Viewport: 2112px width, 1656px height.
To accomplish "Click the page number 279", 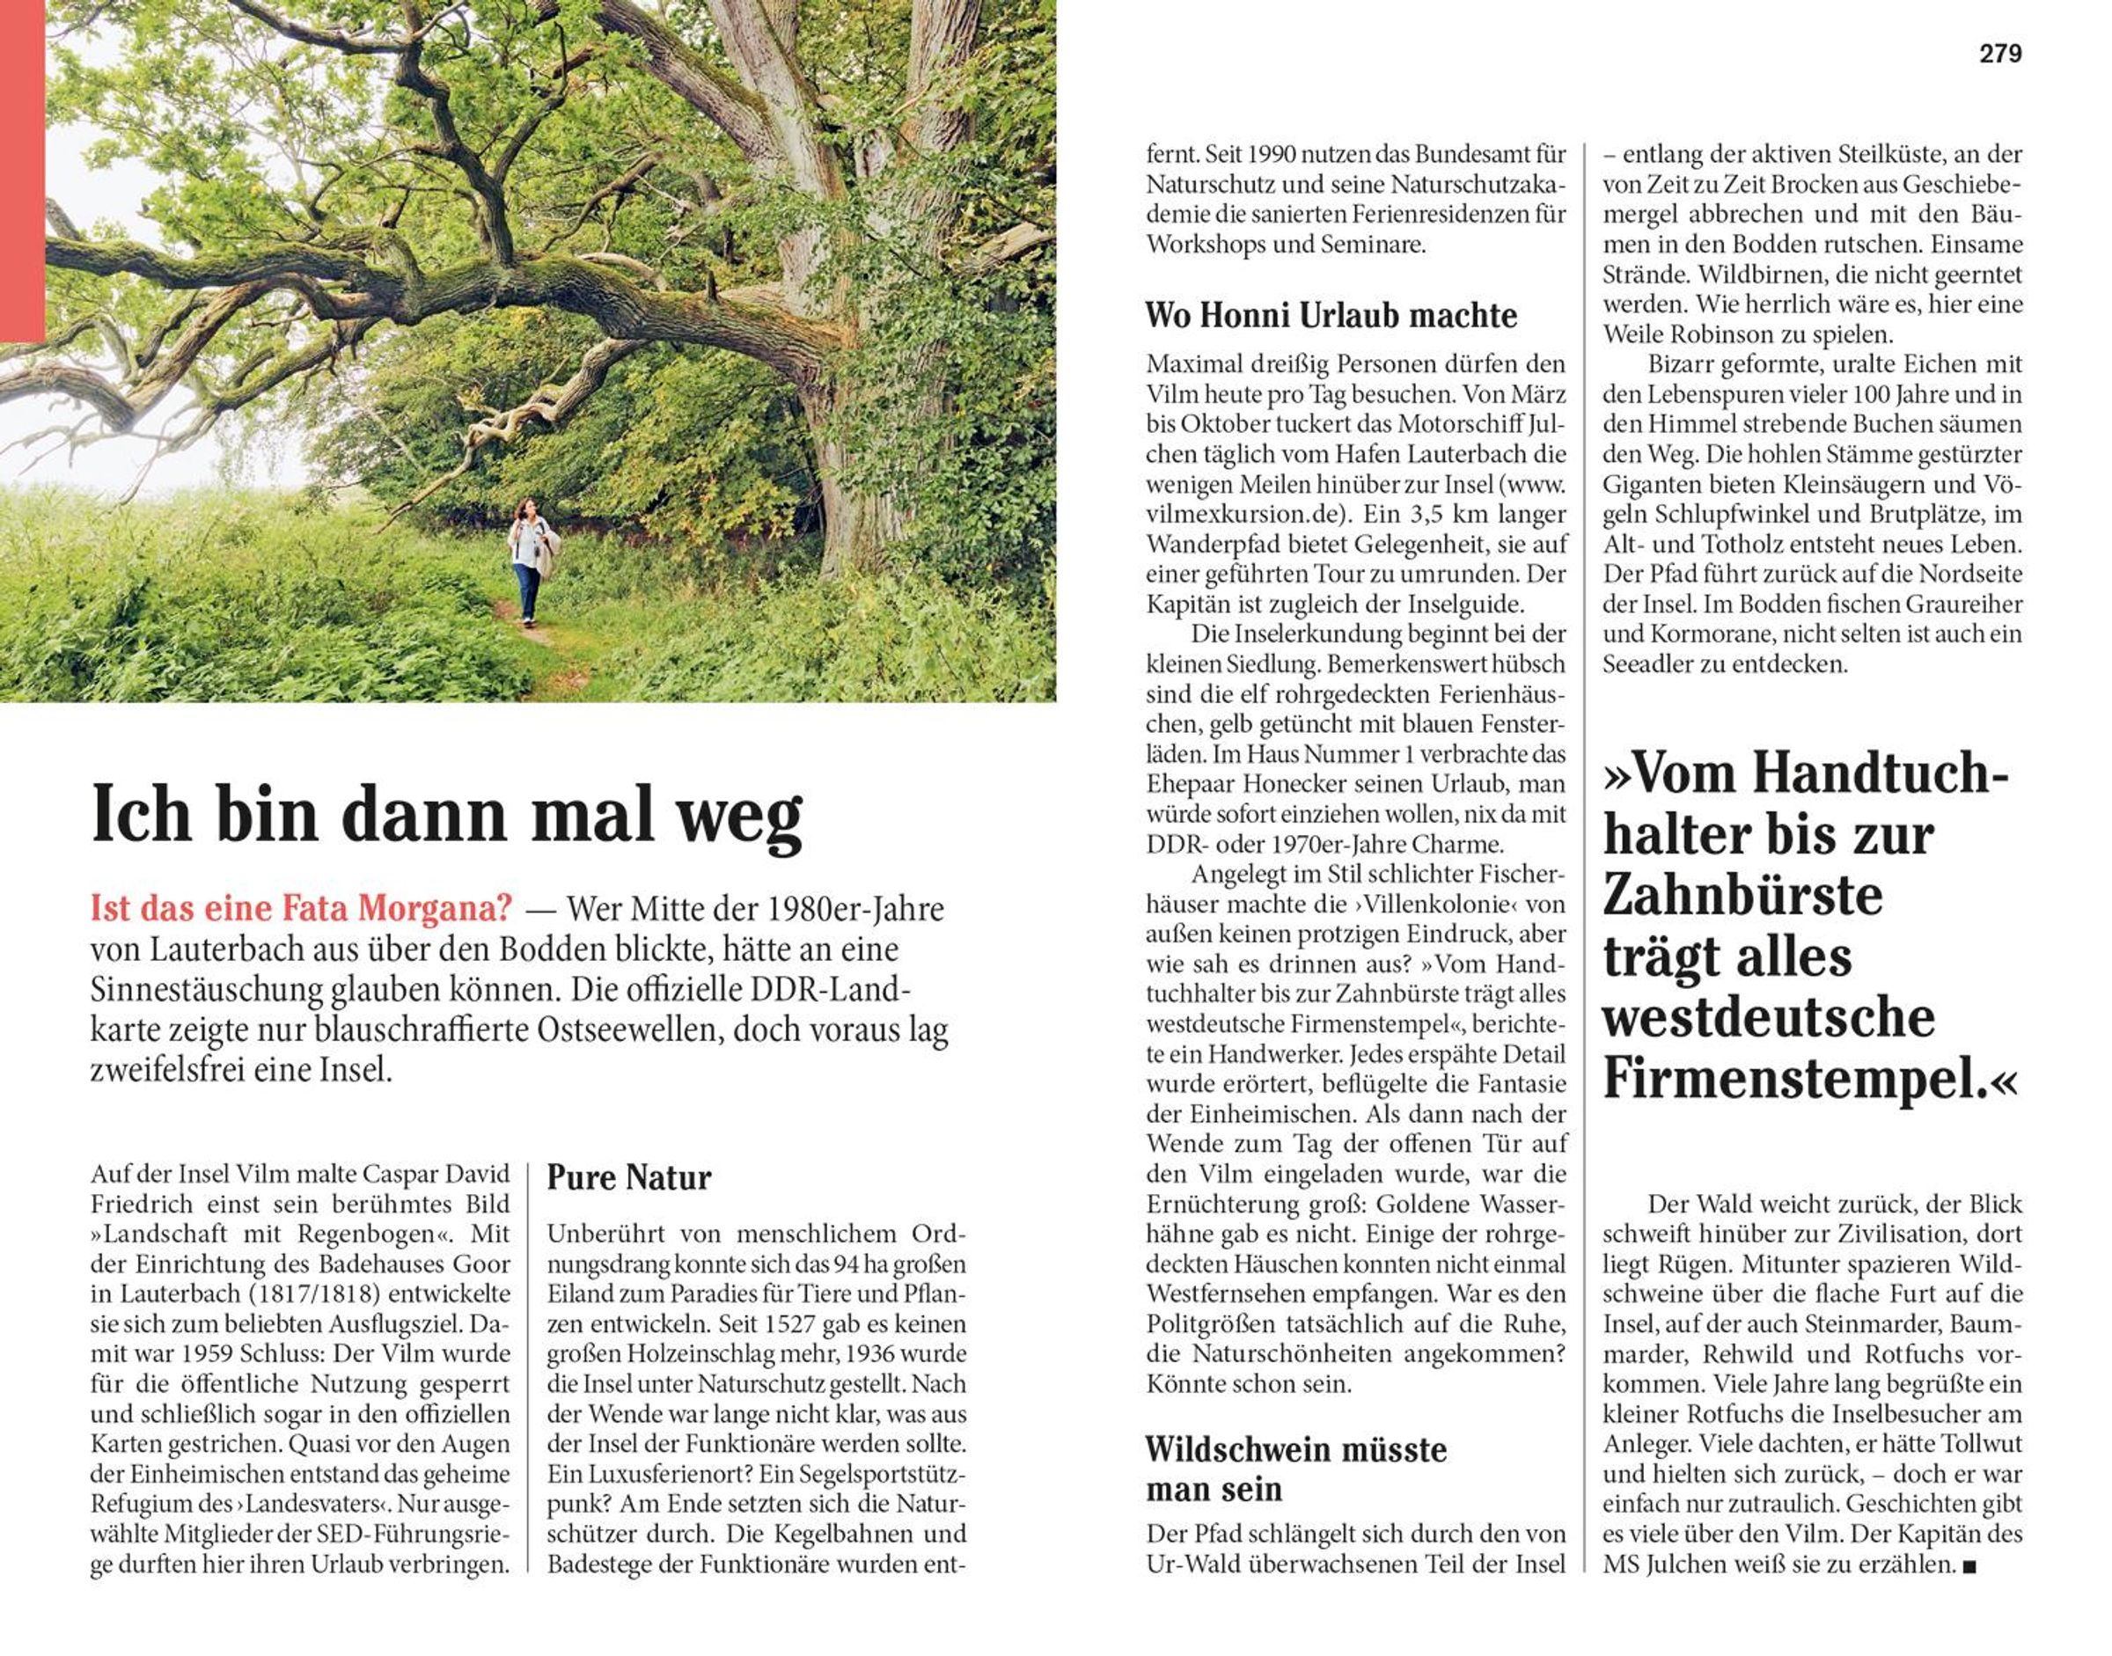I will click(x=2000, y=55).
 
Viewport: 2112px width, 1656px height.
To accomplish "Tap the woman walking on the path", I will click(x=529, y=561).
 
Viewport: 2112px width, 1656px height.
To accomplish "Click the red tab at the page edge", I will click(x=21, y=171).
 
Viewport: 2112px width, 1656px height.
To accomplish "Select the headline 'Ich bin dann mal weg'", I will click(x=446, y=815).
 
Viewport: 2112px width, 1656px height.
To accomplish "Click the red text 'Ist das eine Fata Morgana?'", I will click(x=301, y=908).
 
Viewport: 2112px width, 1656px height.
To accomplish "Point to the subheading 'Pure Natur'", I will click(x=628, y=1177).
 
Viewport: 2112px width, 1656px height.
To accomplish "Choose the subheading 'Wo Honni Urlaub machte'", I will click(x=1331, y=315).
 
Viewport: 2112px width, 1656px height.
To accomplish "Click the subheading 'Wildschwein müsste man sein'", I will click(x=1295, y=1469).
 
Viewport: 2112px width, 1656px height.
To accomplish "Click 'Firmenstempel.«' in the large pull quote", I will click(x=1809, y=1077).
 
